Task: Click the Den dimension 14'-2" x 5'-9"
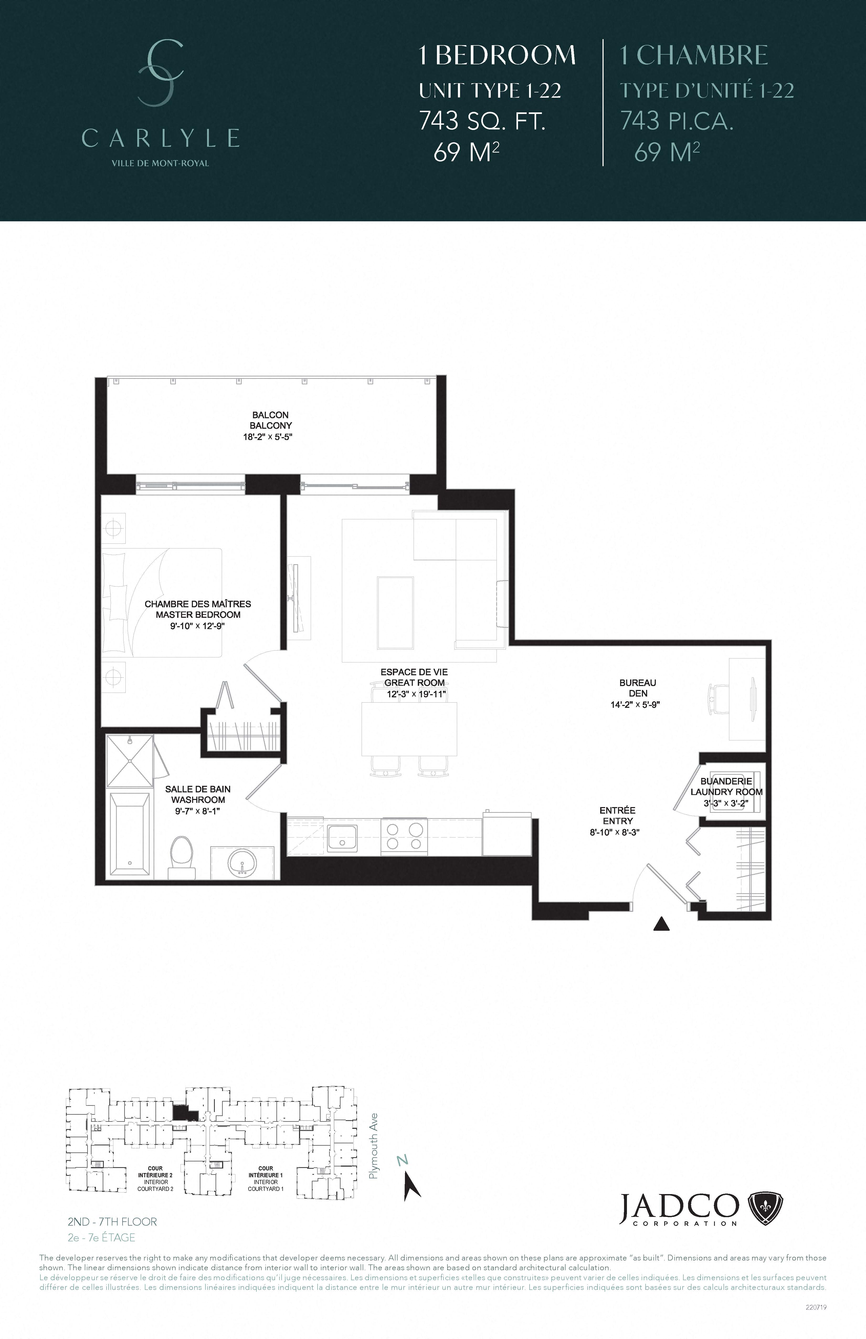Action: pos(635,704)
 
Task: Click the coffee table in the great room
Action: pos(395,613)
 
